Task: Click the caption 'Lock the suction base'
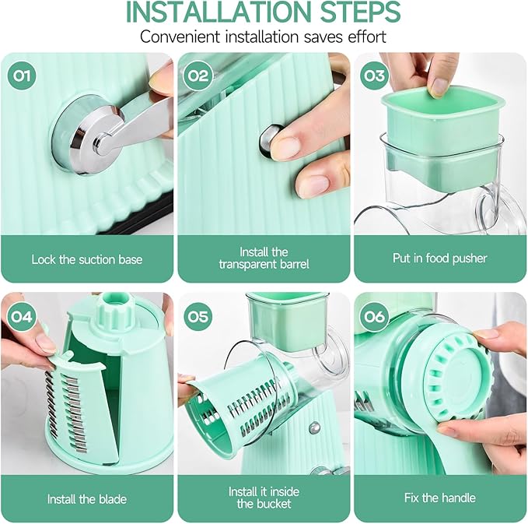coord(87,258)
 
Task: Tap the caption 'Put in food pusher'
coord(439,258)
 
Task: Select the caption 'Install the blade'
coord(86,498)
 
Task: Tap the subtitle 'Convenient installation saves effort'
coord(264,37)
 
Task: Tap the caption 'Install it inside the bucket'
coord(263,498)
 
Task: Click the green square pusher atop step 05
coord(285,319)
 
